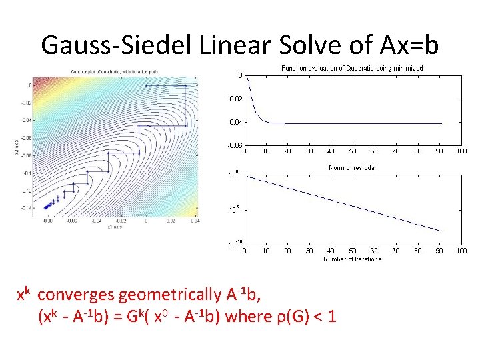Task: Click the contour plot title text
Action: (115, 71)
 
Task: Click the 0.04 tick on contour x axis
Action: (195, 221)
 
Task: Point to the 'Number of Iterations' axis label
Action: (352, 259)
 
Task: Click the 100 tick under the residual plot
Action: (461, 251)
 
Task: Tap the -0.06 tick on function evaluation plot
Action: (234, 145)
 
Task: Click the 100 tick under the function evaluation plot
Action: (461, 152)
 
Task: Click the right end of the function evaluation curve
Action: (441, 123)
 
